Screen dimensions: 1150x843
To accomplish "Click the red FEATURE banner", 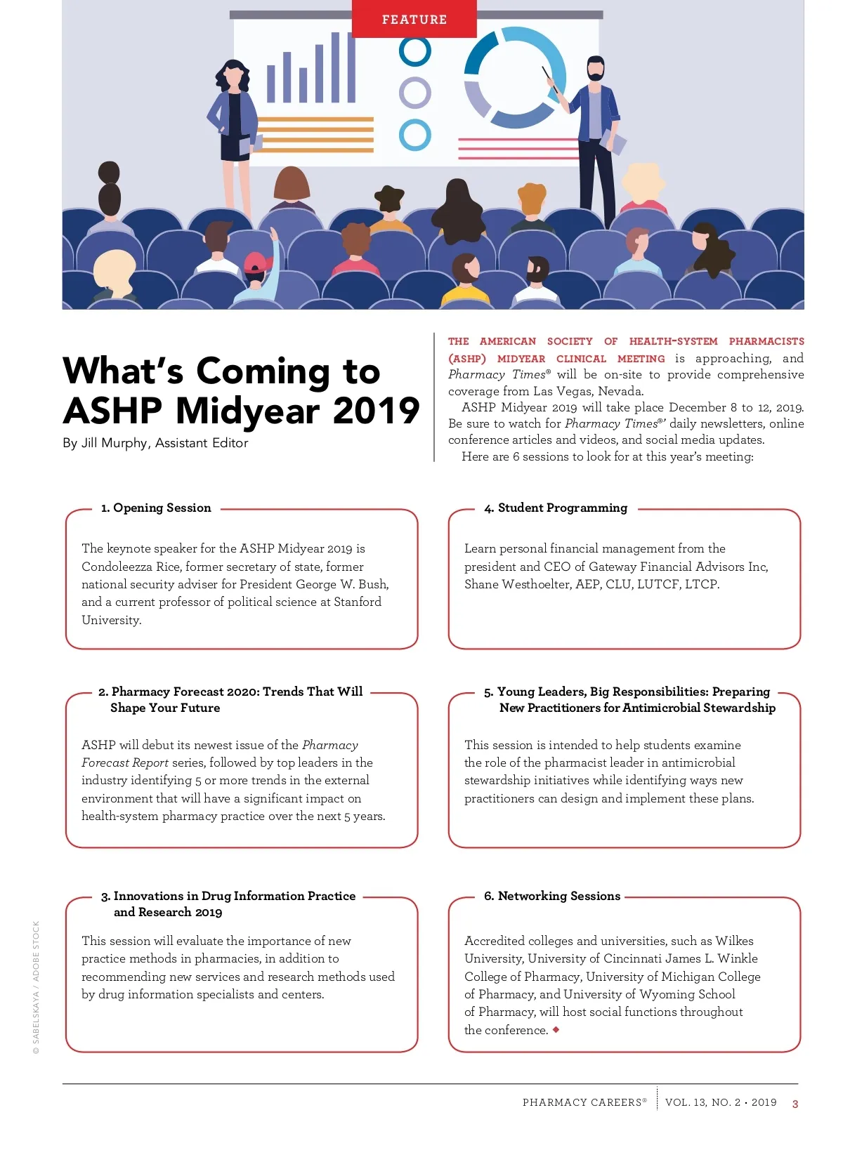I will (x=414, y=19).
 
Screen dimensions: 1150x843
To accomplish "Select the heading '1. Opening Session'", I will (x=156, y=508).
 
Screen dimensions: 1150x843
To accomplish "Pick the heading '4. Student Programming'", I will (x=556, y=508).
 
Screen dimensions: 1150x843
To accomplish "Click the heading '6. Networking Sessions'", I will (x=552, y=896).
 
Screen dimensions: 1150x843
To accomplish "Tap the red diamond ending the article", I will (x=556, y=1029).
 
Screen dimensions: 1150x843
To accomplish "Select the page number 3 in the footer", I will (x=795, y=1104).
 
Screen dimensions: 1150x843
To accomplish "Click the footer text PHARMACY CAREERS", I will (x=582, y=1102).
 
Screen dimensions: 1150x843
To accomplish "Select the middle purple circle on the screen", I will (x=414, y=93).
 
